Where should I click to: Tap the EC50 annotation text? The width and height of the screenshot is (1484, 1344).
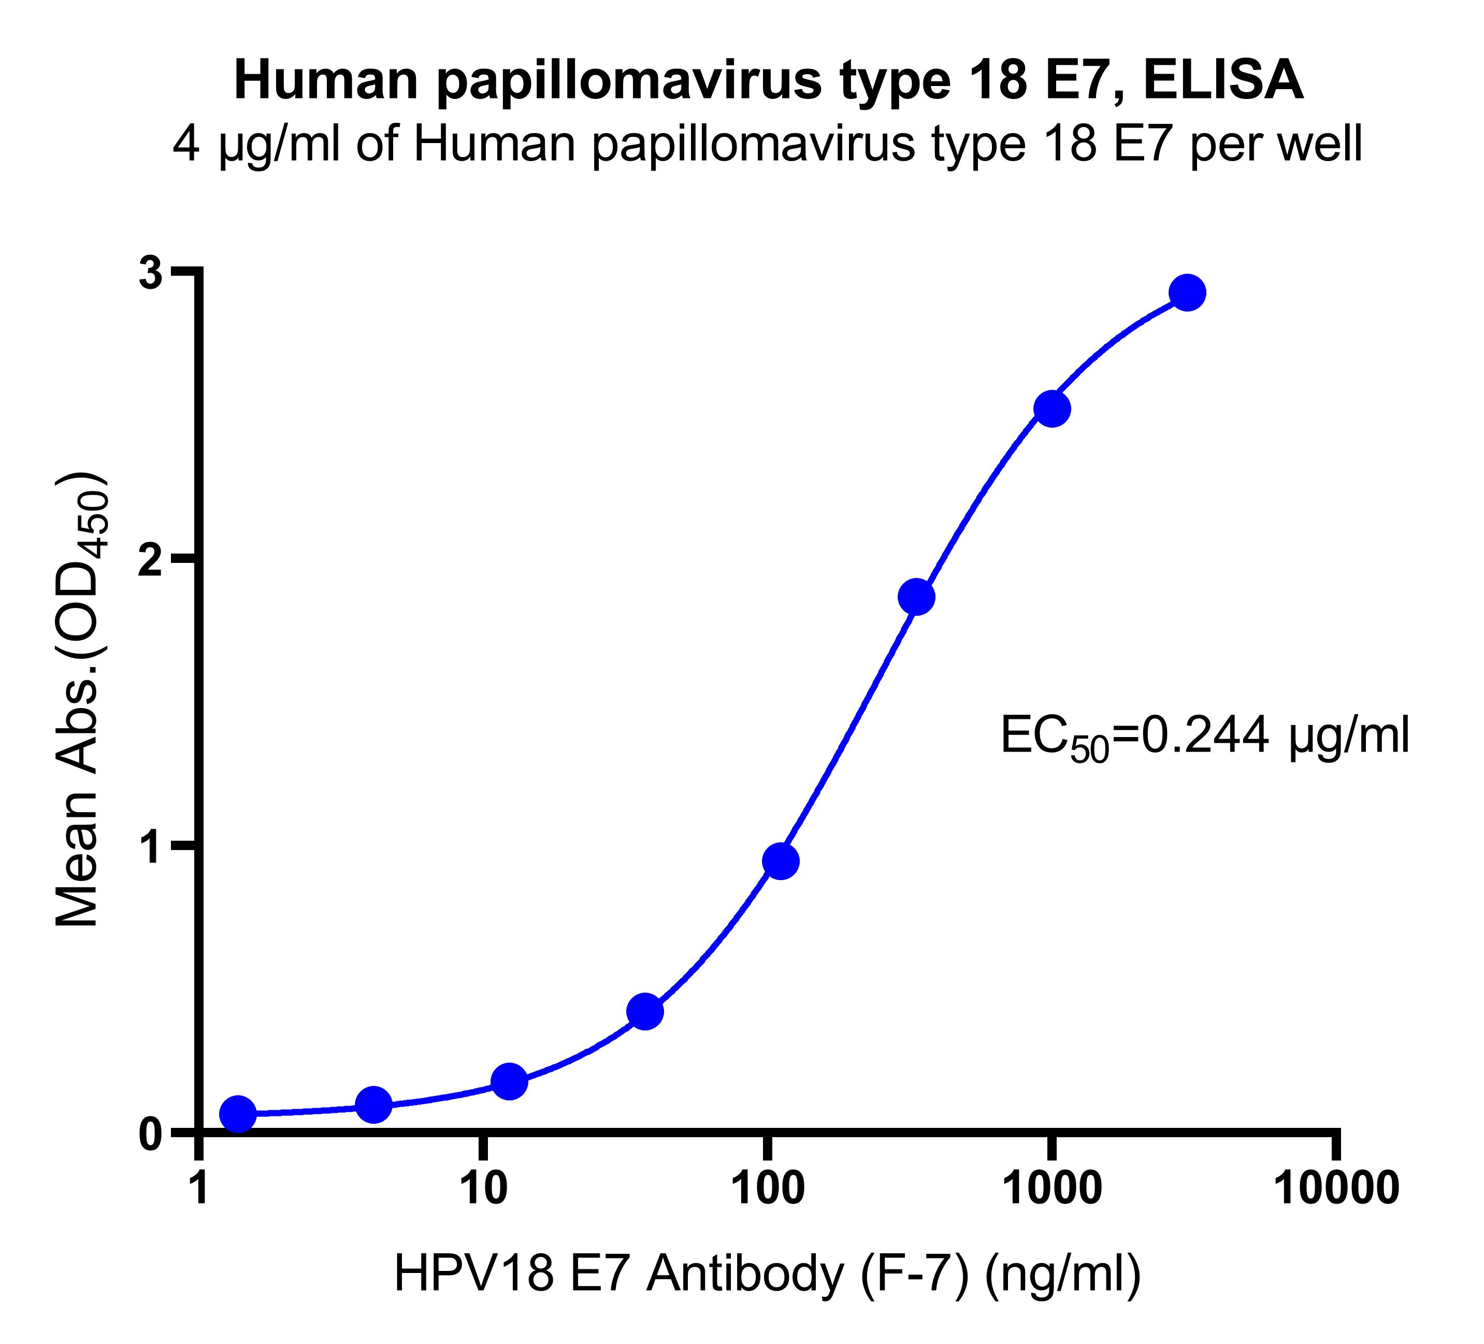point(1205,737)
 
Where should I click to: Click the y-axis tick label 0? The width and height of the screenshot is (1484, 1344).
point(151,1134)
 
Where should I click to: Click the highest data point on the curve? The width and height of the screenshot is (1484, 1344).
point(1187,293)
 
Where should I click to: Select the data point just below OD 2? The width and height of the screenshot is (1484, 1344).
point(916,597)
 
